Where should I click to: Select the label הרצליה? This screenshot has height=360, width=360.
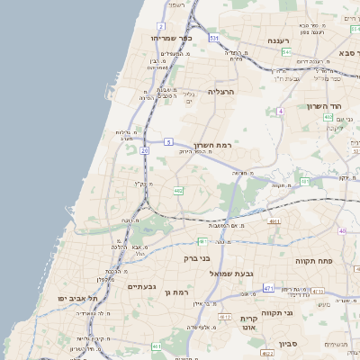point(220,91)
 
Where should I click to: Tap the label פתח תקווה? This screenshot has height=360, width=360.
point(315,260)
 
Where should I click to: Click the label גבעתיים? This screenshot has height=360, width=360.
point(142,286)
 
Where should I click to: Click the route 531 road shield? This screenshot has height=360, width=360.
point(213,39)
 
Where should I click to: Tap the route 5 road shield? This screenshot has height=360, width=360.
point(168,141)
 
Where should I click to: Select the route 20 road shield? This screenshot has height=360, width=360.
point(144,150)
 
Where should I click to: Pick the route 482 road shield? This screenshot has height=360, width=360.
point(178,191)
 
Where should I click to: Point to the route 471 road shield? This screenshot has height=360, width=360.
point(268,288)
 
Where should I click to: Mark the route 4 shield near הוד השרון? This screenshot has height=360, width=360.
point(280,112)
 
